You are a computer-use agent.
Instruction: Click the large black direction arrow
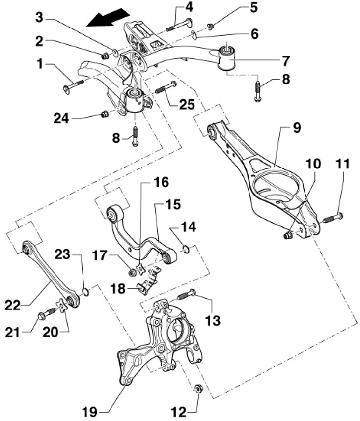(108, 18)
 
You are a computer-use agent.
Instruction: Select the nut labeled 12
(198, 388)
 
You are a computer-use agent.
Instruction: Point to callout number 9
(297, 128)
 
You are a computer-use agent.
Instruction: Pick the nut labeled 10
(288, 235)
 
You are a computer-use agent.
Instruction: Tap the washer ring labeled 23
(85, 292)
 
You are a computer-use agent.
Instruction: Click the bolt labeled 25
(166, 87)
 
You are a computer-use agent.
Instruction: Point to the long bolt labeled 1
(74, 85)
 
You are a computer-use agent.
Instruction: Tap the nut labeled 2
(105, 56)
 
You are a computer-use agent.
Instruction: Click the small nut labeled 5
(211, 26)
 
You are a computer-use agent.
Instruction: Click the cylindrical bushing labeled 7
(227, 58)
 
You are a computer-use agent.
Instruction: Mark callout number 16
(161, 182)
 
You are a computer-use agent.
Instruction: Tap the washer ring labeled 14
(186, 249)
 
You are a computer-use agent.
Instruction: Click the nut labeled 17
(132, 272)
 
